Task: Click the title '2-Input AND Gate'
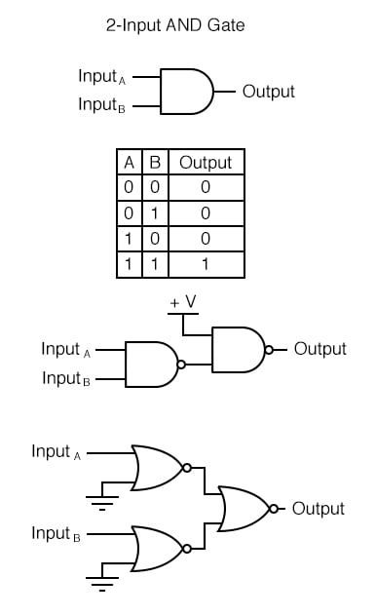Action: tap(175, 26)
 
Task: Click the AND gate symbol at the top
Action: tap(186, 92)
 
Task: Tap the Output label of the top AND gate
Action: tap(268, 92)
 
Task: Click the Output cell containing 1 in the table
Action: tap(206, 264)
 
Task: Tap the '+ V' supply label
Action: tap(183, 303)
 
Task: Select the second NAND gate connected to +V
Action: tap(238, 349)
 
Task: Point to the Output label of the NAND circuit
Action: tap(320, 349)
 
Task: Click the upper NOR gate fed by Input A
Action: tap(157, 467)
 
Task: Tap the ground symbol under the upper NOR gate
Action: tap(98, 500)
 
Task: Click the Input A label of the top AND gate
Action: tap(103, 76)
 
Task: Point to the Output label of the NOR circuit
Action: tap(318, 509)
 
